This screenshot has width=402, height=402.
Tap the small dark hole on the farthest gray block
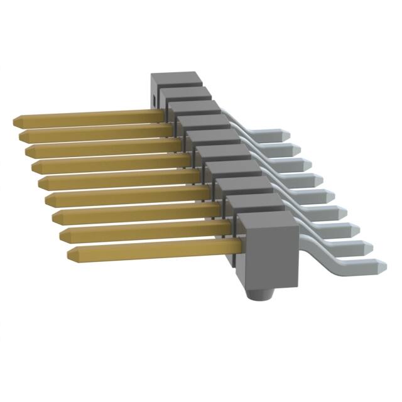coord(153,99)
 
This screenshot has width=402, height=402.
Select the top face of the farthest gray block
coord(176,79)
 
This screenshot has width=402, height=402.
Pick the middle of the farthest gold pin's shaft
coord(88,116)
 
